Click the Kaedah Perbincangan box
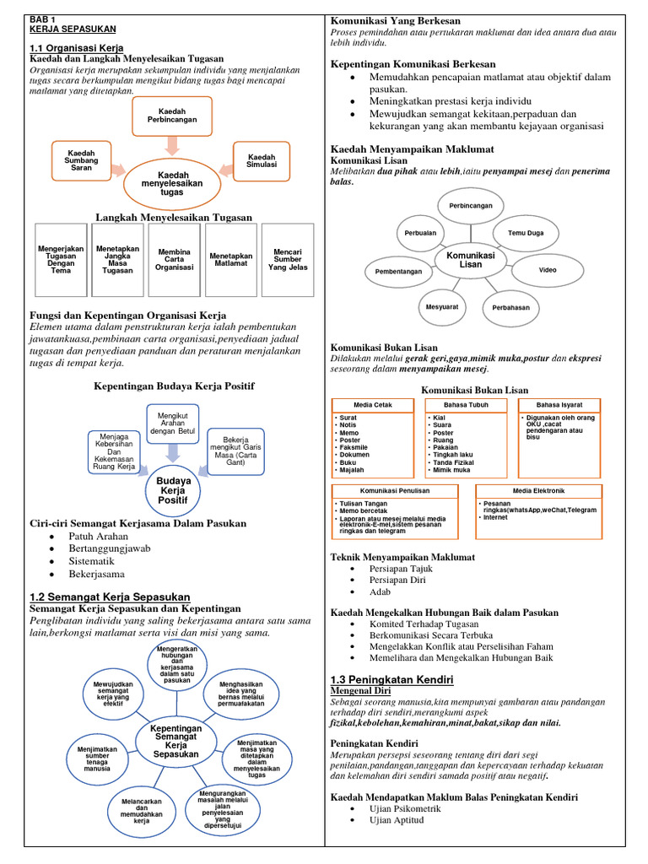(171, 116)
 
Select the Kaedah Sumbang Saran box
(82, 160)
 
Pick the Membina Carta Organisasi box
(175, 259)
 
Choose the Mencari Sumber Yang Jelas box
(288, 259)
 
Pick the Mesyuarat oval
(442, 307)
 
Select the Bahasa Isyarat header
(558, 405)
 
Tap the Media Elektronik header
(537, 490)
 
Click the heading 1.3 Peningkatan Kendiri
(392, 679)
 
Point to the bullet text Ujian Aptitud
(397, 819)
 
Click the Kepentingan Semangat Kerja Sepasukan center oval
(175, 740)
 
